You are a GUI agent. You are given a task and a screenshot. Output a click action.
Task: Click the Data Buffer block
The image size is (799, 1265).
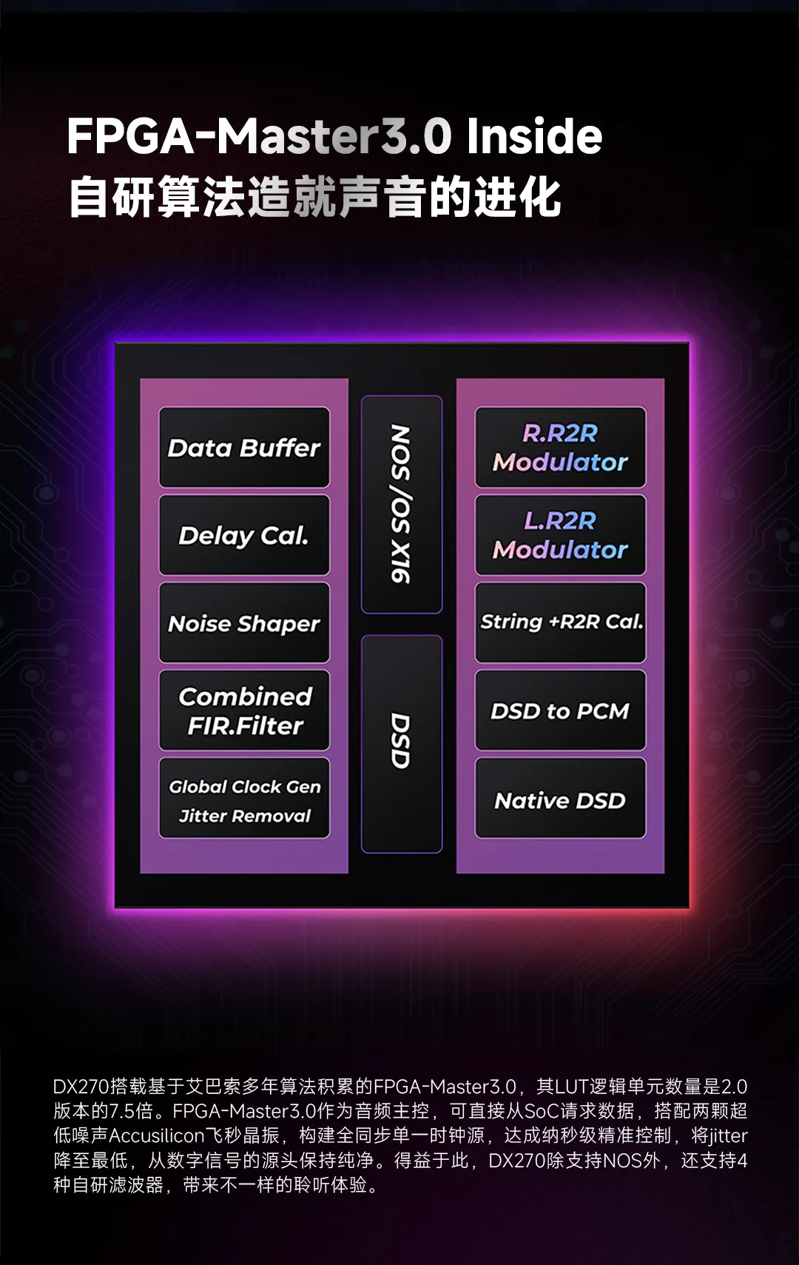click(x=244, y=447)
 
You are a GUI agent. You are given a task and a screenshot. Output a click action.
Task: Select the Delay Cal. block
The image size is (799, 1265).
click(x=244, y=535)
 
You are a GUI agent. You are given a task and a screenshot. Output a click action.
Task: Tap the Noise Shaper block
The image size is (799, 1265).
click(x=244, y=623)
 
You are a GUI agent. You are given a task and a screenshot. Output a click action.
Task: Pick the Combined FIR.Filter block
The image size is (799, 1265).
click(x=244, y=711)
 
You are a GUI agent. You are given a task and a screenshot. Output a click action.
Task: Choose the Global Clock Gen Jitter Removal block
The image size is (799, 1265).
click(x=244, y=798)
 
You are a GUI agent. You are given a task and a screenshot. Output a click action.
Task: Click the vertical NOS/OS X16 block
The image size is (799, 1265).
click(x=402, y=504)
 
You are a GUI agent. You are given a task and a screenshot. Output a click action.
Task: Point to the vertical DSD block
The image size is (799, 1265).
click(x=402, y=744)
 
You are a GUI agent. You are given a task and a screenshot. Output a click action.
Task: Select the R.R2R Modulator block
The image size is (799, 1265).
click(x=560, y=447)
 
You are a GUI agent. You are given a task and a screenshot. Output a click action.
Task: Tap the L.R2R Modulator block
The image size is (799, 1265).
click(x=560, y=535)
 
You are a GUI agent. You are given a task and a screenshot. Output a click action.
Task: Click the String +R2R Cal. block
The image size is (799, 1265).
click(x=560, y=623)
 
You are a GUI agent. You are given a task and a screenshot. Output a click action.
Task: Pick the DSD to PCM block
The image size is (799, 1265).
click(x=560, y=711)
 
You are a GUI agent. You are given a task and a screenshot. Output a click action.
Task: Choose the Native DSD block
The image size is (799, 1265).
click(x=560, y=798)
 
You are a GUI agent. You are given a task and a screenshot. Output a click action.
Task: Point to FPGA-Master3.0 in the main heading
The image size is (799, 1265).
click(x=260, y=136)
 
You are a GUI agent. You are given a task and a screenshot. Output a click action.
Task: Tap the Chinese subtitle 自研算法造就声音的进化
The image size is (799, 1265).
click(x=315, y=197)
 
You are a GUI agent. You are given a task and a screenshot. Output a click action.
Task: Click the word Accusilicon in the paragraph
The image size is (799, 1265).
click(x=156, y=1135)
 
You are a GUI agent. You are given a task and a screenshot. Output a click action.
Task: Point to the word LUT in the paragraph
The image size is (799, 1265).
click(x=572, y=1086)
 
